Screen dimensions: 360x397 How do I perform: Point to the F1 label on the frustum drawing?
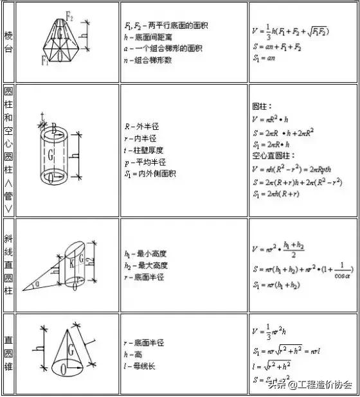[x=46, y=61]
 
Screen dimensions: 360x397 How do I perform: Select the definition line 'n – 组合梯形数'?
[x=152, y=60]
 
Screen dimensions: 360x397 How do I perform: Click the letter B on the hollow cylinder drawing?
[x=54, y=129]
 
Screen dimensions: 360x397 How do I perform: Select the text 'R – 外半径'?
[x=141, y=126]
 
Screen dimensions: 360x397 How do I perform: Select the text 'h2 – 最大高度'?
[x=146, y=265]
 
